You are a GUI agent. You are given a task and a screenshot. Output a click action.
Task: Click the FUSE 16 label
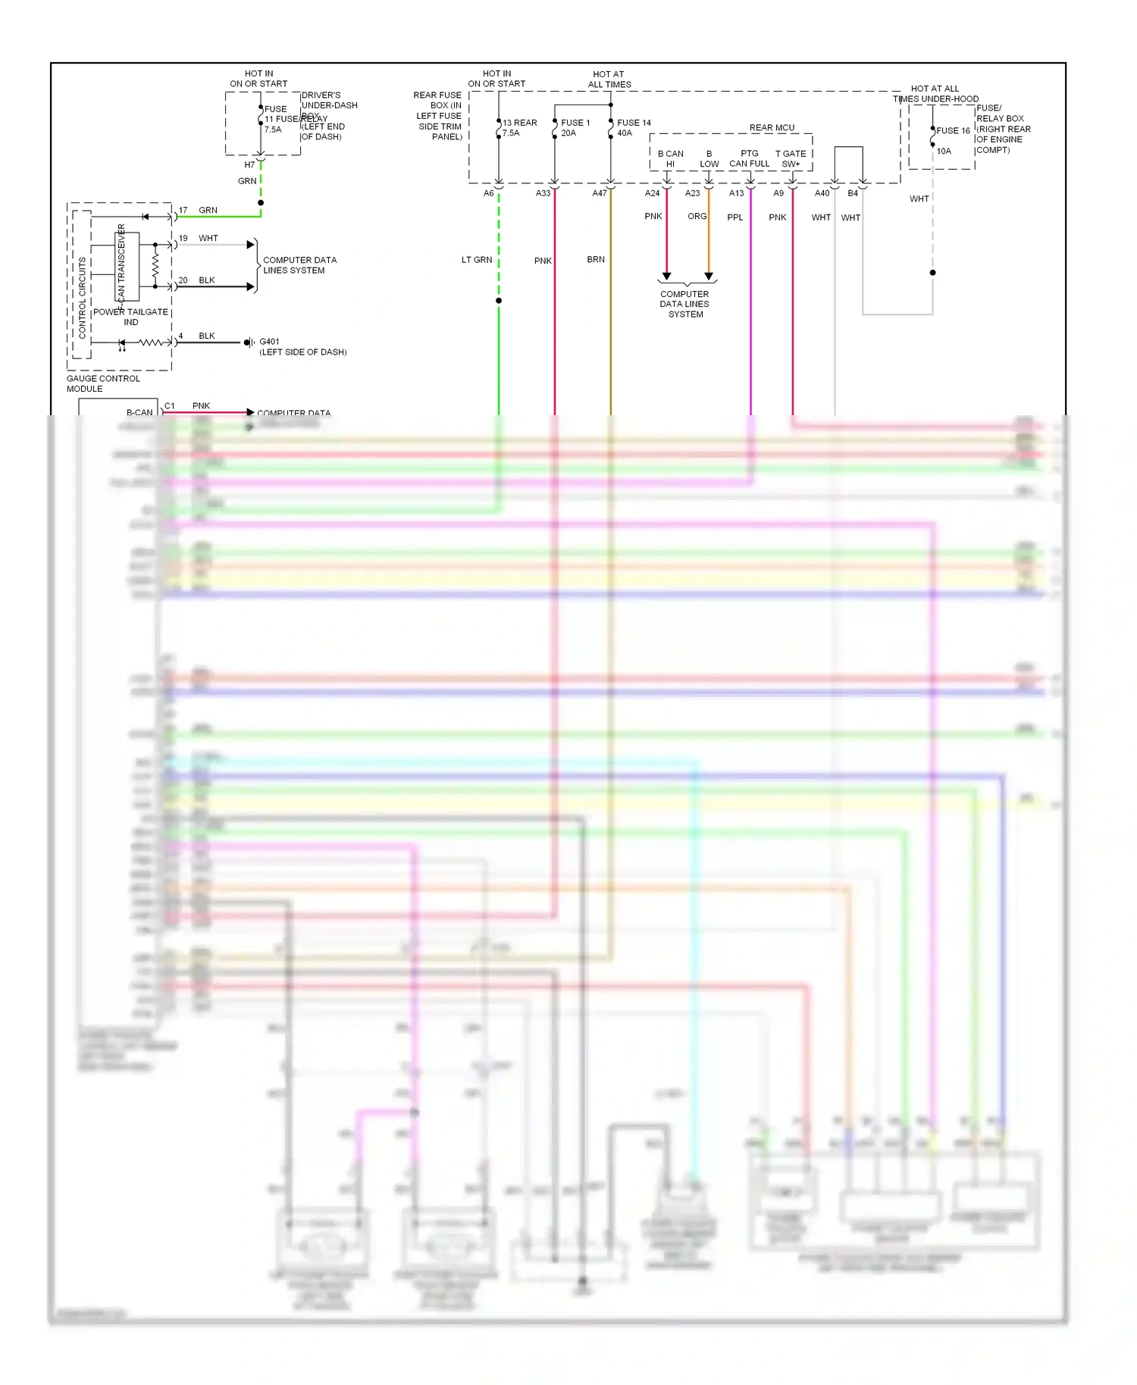953,130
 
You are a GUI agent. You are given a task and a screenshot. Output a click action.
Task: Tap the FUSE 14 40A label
633,127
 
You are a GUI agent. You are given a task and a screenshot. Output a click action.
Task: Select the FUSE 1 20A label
575,127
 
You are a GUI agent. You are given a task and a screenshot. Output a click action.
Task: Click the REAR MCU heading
772,128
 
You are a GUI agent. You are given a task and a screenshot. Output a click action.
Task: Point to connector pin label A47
600,193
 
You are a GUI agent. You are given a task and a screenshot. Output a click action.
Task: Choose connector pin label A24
652,193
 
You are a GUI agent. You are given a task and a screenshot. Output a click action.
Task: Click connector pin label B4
853,193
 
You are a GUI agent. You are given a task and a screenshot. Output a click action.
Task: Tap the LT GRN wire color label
477,260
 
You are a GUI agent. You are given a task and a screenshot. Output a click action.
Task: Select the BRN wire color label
596,259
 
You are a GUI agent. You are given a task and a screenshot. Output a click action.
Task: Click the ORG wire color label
697,216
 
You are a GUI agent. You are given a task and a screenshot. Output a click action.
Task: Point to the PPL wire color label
735,217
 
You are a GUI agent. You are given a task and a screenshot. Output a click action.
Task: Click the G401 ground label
269,342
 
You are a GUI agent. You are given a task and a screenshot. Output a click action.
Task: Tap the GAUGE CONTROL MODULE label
103,383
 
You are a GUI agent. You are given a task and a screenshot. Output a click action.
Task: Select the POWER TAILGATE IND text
130,317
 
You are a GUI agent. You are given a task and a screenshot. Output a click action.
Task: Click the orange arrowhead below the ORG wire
709,277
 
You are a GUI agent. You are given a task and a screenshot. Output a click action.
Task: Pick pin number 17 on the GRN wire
183,210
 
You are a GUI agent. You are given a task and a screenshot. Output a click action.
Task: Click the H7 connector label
249,164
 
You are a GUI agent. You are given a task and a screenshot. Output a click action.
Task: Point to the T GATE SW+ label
791,158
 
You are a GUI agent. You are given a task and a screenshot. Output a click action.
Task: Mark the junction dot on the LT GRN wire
499,301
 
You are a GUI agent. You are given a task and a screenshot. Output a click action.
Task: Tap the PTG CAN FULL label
749,158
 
